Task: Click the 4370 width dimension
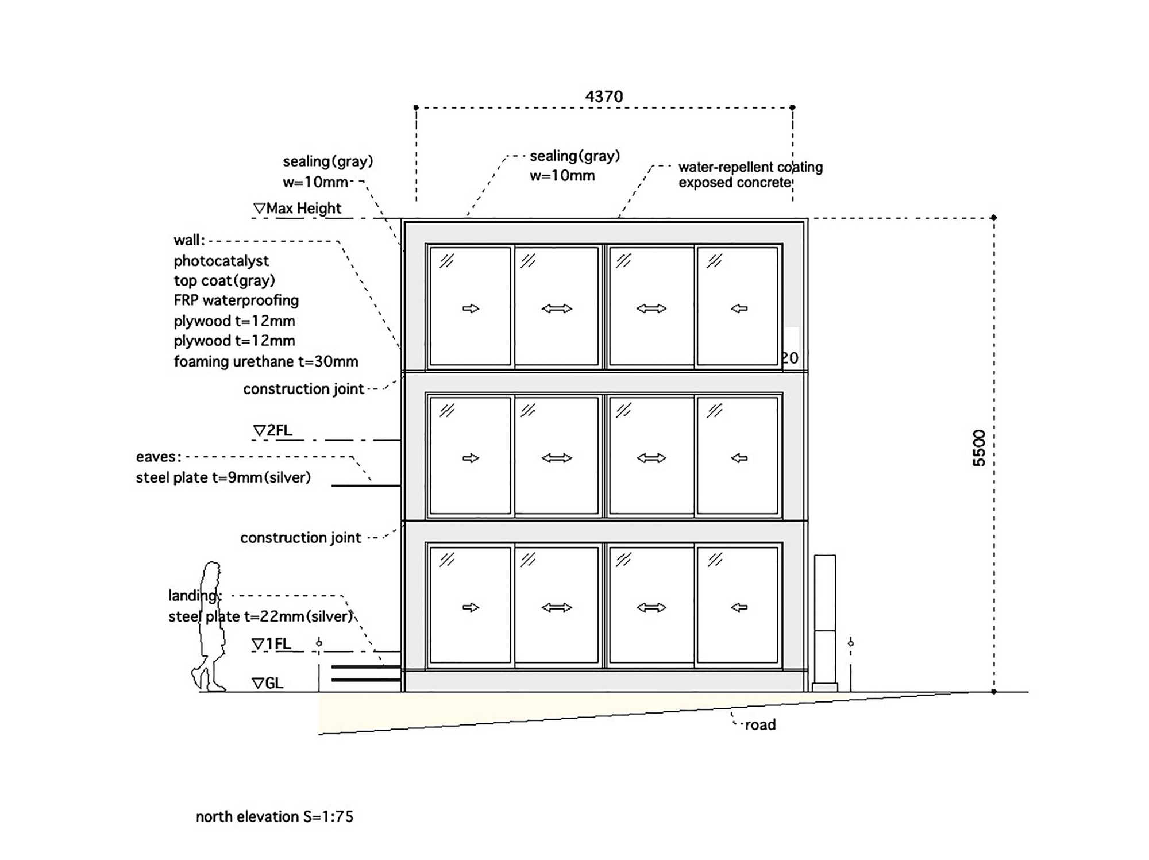point(604,97)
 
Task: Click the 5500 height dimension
point(979,448)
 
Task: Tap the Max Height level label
point(298,208)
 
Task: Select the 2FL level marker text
point(272,430)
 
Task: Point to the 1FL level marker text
point(271,644)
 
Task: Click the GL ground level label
point(268,683)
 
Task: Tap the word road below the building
point(761,725)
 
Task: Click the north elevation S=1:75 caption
point(275,816)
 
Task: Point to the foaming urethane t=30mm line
point(266,361)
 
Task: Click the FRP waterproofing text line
point(236,300)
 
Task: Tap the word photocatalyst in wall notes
point(221,261)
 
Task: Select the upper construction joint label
point(303,389)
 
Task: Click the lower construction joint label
point(300,538)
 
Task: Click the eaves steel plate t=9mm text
point(223,477)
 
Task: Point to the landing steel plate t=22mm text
point(260,616)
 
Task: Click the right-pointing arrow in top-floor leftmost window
point(471,308)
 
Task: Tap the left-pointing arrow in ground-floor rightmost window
point(739,607)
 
